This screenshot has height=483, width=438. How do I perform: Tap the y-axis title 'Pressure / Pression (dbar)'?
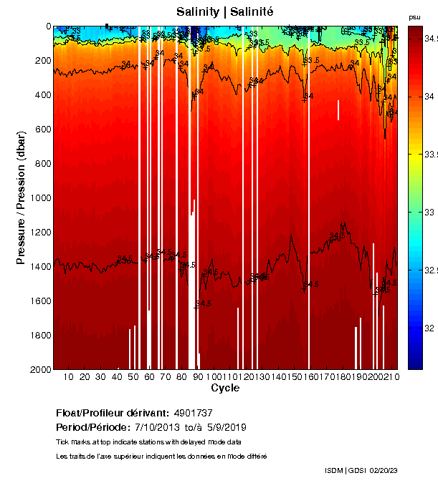pyautogui.click(x=21, y=197)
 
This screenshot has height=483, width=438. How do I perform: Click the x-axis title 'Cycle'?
pyautogui.click(x=220, y=389)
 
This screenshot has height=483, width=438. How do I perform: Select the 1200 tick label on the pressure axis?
pyautogui.click(x=41, y=233)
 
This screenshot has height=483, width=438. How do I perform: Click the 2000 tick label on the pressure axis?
pyautogui.click(x=41, y=369)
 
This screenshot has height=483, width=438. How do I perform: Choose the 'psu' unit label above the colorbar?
pyautogui.click(x=414, y=16)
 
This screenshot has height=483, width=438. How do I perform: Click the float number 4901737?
pyautogui.click(x=194, y=414)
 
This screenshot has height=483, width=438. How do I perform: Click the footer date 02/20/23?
pyautogui.click(x=385, y=470)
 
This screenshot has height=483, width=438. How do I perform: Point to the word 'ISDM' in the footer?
pyautogui.click(x=334, y=470)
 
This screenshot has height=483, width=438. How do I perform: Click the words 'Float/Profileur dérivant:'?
pyautogui.click(x=113, y=414)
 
